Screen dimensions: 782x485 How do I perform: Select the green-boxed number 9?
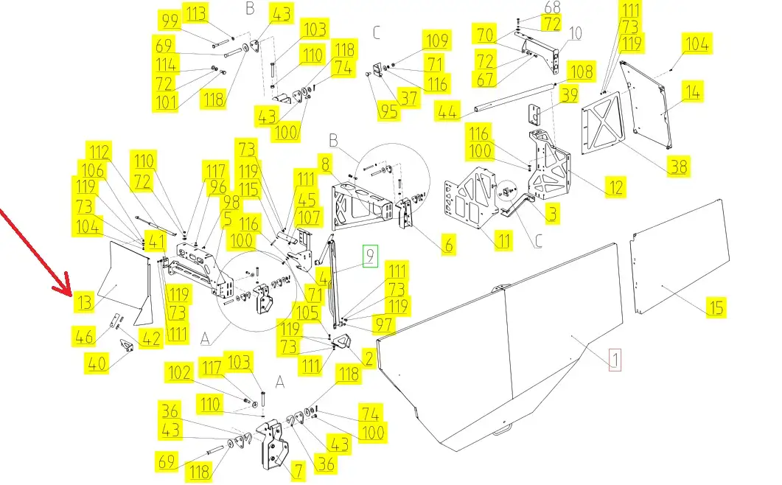pyautogui.click(x=370, y=256)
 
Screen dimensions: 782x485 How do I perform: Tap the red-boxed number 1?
pyautogui.click(x=615, y=359)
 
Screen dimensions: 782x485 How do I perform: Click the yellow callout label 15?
pyautogui.click(x=716, y=307)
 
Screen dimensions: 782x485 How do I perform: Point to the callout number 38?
pyautogui.click(x=678, y=166)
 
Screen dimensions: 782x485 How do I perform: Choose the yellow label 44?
pyautogui.click(x=447, y=111)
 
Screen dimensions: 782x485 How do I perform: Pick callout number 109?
pyautogui.click(x=437, y=40)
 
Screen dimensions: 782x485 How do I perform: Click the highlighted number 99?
pyautogui.click(x=170, y=21)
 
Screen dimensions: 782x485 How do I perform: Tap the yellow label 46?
pyautogui.click(x=84, y=336)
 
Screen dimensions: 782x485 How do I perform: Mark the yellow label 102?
pyautogui.click(x=179, y=372)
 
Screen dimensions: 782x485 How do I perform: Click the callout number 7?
pyautogui.click(x=298, y=470)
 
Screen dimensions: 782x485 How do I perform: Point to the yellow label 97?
pyautogui.click(x=383, y=324)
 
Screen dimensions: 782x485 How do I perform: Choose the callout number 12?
pyautogui.click(x=615, y=188)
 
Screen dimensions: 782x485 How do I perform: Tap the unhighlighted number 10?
pyautogui.click(x=575, y=33)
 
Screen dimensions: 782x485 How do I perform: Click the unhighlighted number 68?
pyautogui.click(x=552, y=7)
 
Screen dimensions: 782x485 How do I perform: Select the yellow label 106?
pyautogui.click(x=92, y=170)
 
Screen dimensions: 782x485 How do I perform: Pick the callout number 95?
pyautogui.click(x=388, y=111)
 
